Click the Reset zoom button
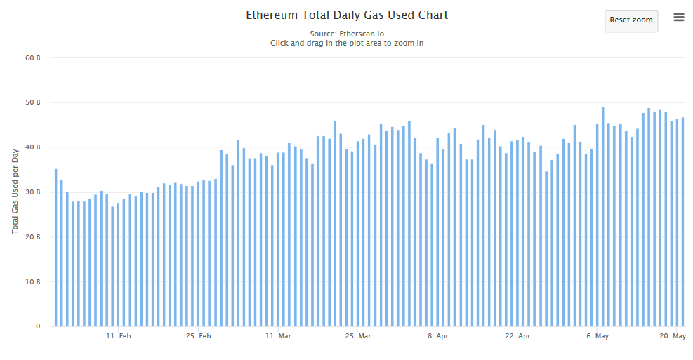pyautogui.click(x=631, y=20)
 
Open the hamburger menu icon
pyautogui.click(x=679, y=18)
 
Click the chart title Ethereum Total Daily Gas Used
pyautogui.click(x=347, y=15)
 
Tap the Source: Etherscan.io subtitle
pyautogui.click(x=347, y=33)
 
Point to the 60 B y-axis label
pyautogui.click(x=33, y=58)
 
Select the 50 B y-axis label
pyautogui.click(x=33, y=102)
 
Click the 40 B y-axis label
pyautogui.click(x=33, y=147)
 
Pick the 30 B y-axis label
pyautogui.click(x=33, y=192)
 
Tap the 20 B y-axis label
pyautogui.click(x=33, y=237)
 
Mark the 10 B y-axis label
pyautogui.click(x=33, y=282)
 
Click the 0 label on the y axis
pyautogui.click(x=38, y=326)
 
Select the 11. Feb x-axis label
pyautogui.click(x=119, y=337)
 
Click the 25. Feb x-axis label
pyautogui.click(x=199, y=337)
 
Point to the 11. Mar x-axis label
pyautogui.click(x=278, y=337)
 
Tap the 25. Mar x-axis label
pyautogui.click(x=358, y=337)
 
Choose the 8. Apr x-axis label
pyautogui.click(x=437, y=337)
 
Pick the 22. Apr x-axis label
pyautogui.click(x=517, y=337)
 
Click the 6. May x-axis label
pyautogui.click(x=597, y=337)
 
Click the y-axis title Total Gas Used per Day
pyautogui.click(x=15, y=192)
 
